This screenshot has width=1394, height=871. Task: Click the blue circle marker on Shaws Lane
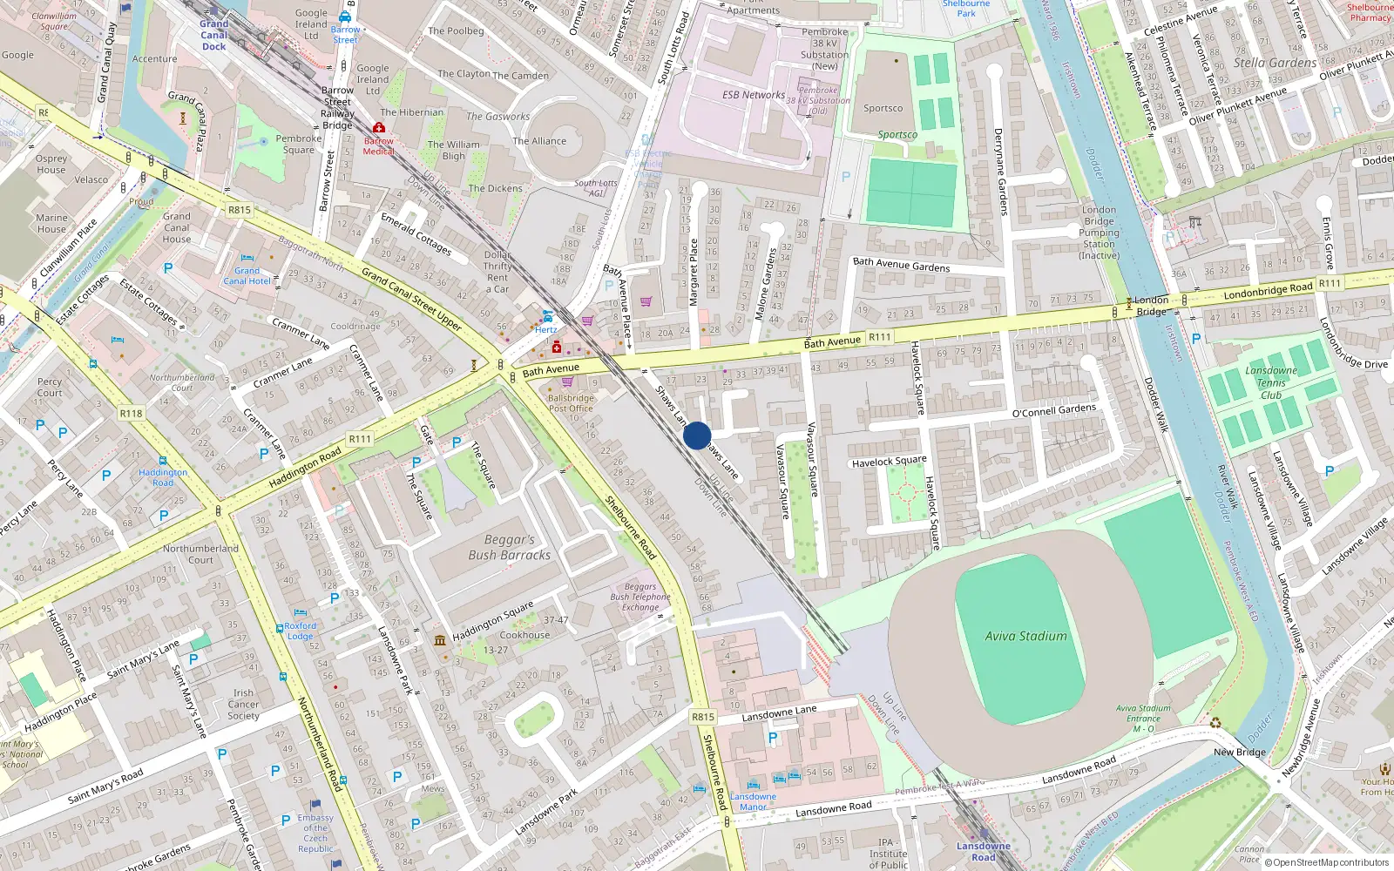[x=697, y=435]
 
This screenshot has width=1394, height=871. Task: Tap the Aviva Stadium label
[x=1025, y=636]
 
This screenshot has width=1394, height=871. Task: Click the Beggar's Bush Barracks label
[x=509, y=547]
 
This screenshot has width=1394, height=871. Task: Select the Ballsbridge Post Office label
[x=571, y=403]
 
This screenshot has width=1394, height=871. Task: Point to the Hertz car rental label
[x=546, y=329]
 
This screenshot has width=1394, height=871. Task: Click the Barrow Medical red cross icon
[x=379, y=128]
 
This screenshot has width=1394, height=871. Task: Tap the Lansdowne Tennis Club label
[x=1271, y=382]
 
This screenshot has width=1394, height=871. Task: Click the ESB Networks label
[x=753, y=95]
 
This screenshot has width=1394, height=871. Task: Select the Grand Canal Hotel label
[x=247, y=276]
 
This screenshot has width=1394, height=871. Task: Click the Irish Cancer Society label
[x=243, y=705]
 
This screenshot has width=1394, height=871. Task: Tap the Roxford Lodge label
[x=300, y=631]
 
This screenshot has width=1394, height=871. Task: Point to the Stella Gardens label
[x=1275, y=63]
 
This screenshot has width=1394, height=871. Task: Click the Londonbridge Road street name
[x=1268, y=290]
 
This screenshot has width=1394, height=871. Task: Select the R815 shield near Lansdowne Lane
[x=703, y=717]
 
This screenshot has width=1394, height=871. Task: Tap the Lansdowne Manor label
[x=753, y=801]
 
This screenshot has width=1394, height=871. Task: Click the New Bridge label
[x=1239, y=752]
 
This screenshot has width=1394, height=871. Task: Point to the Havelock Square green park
[x=906, y=493]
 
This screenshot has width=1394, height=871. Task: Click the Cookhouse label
[x=524, y=635]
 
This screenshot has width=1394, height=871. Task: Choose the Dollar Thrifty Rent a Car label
[x=497, y=272]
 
